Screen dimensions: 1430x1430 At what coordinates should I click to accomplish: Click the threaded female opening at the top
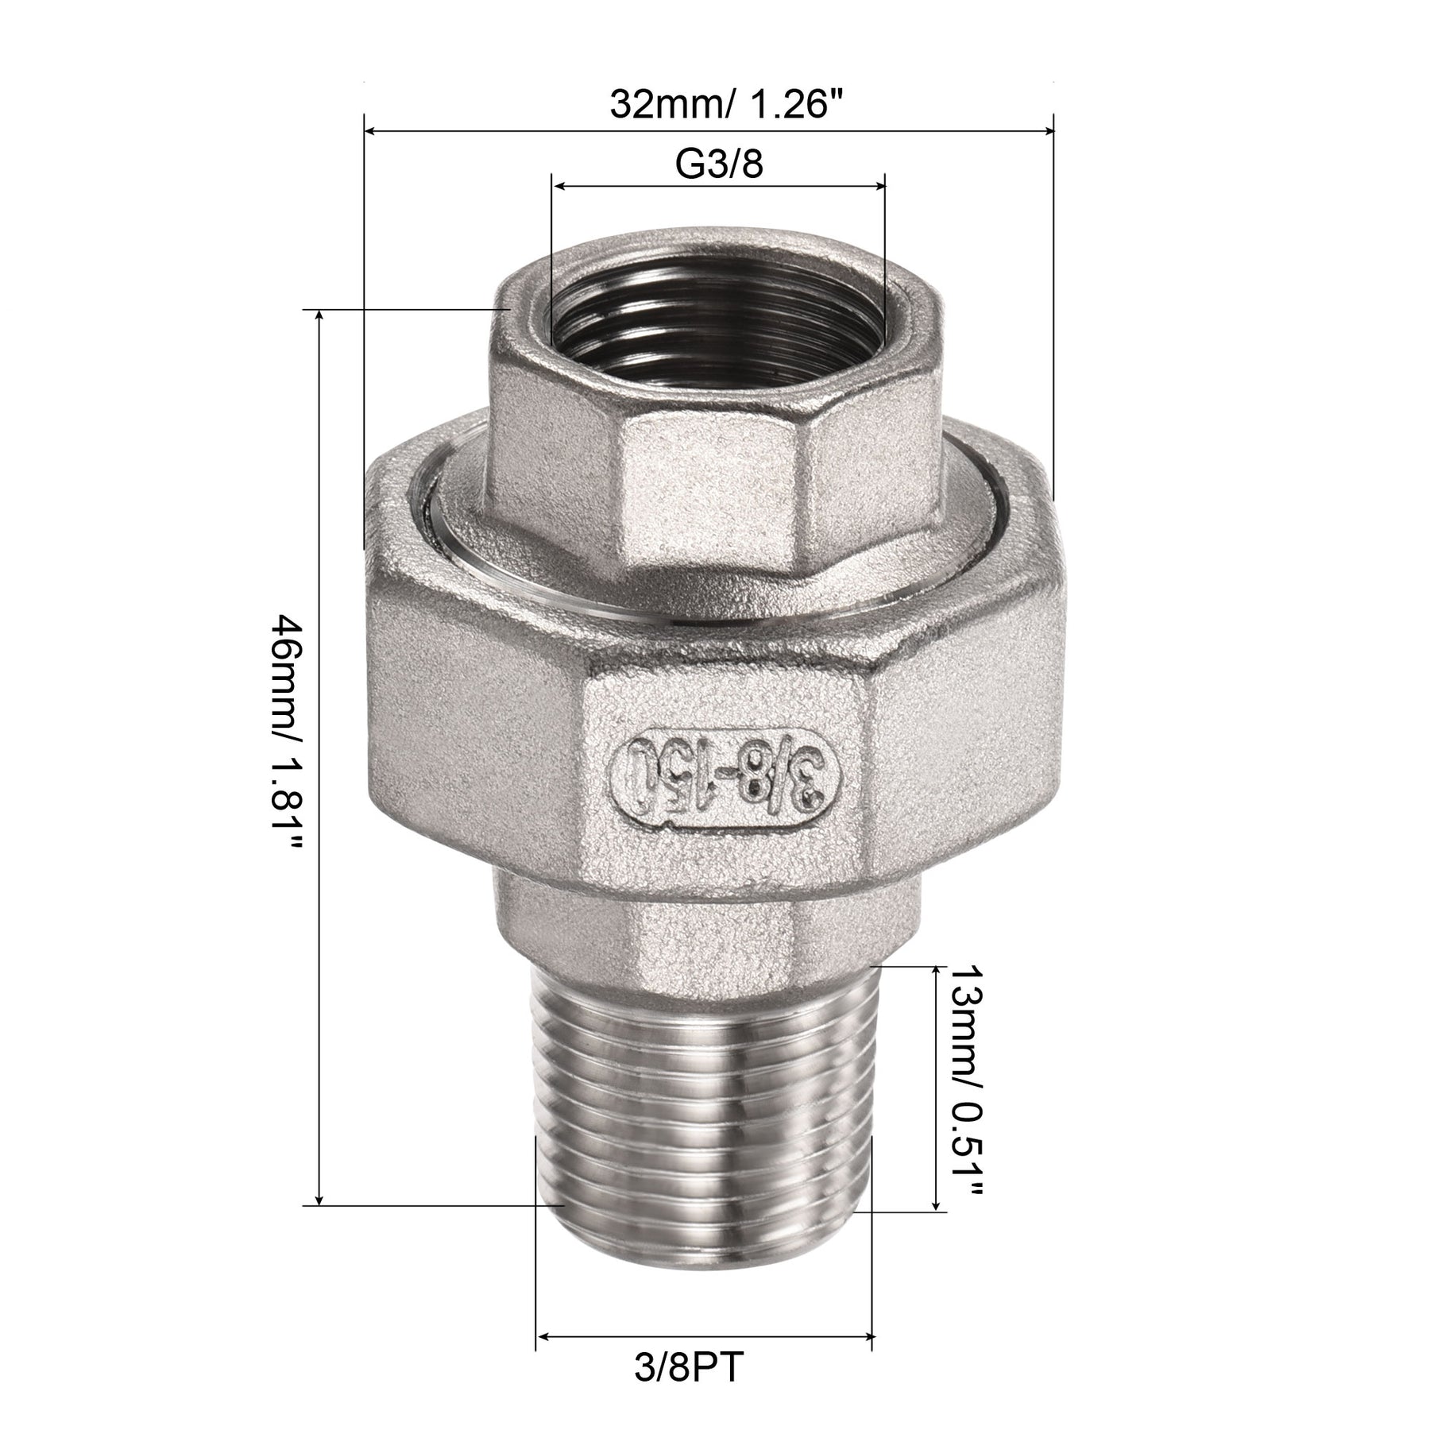click(x=715, y=315)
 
